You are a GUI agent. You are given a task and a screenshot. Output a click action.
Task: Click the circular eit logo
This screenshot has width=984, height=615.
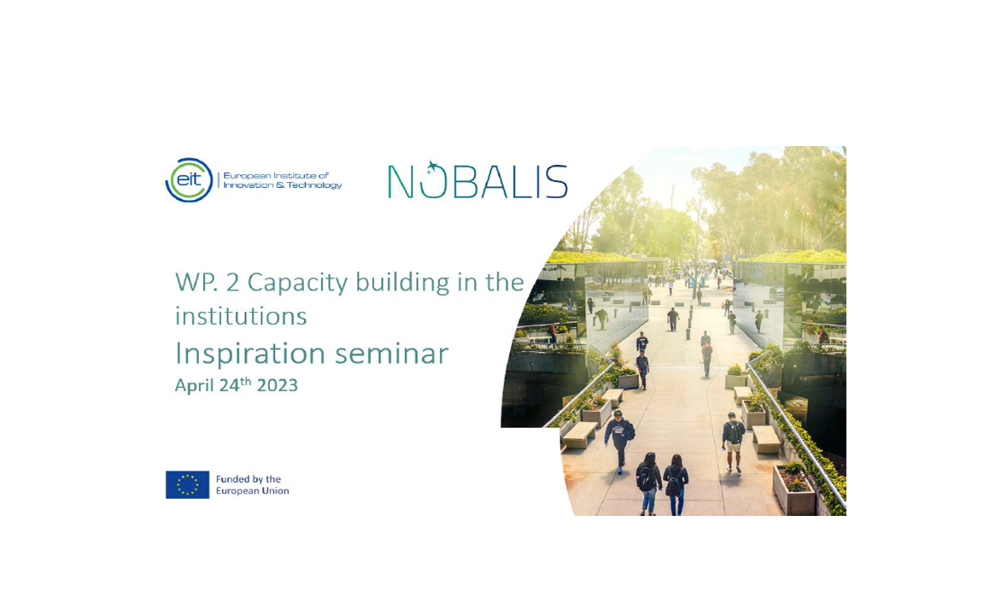point(189,180)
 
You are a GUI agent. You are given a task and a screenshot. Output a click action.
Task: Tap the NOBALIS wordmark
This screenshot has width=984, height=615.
point(477,180)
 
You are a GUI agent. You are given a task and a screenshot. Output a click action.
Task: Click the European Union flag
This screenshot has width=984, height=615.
point(187,484)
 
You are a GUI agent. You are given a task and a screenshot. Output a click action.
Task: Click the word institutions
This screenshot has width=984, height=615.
point(241,316)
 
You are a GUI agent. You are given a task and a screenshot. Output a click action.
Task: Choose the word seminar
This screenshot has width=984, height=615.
point(391,354)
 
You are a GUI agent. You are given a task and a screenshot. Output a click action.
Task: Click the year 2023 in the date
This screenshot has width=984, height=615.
point(278,385)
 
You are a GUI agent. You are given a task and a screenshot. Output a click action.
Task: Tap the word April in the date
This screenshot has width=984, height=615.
point(195,386)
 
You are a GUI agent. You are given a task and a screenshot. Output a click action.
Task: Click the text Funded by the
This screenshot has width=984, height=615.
point(248,479)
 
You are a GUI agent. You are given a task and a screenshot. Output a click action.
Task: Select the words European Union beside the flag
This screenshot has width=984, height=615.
point(252,491)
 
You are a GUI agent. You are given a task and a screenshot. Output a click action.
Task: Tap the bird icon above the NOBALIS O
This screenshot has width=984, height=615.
point(432,167)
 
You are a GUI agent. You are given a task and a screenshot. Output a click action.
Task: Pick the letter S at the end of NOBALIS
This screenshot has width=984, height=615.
point(554,182)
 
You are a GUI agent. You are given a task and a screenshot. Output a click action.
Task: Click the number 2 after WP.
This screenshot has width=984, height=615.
point(232,283)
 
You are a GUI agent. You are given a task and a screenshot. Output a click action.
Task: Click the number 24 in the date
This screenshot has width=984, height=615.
point(229,385)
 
